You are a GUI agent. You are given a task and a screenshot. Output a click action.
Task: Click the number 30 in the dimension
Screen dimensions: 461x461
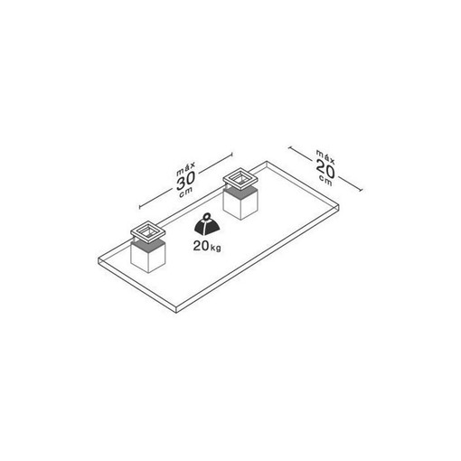coord(185,181)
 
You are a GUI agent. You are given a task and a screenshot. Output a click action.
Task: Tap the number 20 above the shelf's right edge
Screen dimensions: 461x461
coord(325,169)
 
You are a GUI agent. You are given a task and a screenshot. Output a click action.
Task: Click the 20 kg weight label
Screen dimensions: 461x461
coord(207,246)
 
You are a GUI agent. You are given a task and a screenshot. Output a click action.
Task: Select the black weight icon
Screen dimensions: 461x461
coord(207,224)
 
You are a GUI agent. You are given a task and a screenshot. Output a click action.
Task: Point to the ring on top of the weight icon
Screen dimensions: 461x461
coord(207,216)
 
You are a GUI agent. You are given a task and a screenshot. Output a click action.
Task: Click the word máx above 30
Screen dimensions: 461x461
coord(186,168)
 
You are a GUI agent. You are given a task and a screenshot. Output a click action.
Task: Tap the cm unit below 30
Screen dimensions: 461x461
coord(186,193)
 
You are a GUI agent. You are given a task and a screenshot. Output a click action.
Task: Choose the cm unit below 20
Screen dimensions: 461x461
coord(325,182)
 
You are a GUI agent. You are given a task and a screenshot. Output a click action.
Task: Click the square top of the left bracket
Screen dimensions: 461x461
coord(148,232)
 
